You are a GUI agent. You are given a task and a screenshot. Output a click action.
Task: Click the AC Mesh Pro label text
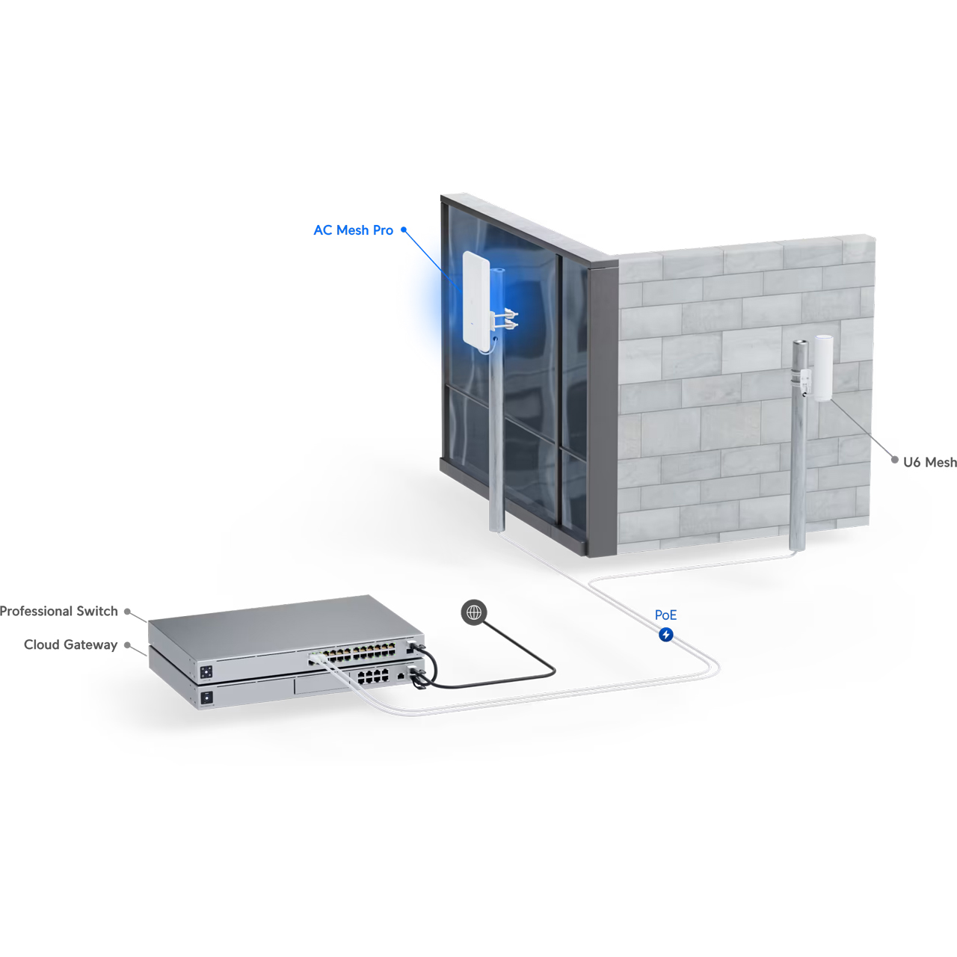pyautogui.click(x=353, y=230)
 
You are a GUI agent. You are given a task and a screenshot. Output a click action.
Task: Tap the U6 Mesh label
pyautogui.click(x=929, y=462)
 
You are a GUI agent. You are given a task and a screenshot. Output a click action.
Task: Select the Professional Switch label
pyautogui.click(x=58, y=611)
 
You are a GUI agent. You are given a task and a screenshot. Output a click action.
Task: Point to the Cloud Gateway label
pyautogui.click(x=70, y=644)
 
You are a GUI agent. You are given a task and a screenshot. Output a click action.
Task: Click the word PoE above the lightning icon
pyautogui.click(x=665, y=615)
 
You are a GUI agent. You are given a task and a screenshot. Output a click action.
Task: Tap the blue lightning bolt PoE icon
pyautogui.click(x=666, y=634)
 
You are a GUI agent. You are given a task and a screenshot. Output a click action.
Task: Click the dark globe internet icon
pyautogui.click(x=474, y=612)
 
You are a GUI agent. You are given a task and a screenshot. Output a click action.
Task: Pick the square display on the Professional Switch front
pyautogui.click(x=206, y=672)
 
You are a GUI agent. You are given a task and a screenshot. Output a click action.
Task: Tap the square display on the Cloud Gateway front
pyautogui.click(x=206, y=698)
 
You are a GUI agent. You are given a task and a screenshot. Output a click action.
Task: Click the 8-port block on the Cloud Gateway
pyautogui.click(x=372, y=677)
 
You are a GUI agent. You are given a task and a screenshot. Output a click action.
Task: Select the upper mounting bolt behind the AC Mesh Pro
pyautogui.click(x=508, y=314)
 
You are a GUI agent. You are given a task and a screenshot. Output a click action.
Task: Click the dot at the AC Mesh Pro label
pyautogui.click(x=404, y=230)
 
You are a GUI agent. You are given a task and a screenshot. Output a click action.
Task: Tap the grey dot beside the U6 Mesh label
pyautogui.click(x=894, y=461)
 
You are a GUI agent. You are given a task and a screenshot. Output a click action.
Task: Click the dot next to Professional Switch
pyautogui.click(x=128, y=612)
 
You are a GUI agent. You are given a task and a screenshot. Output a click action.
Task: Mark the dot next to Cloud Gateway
pyautogui.click(x=128, y=645)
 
